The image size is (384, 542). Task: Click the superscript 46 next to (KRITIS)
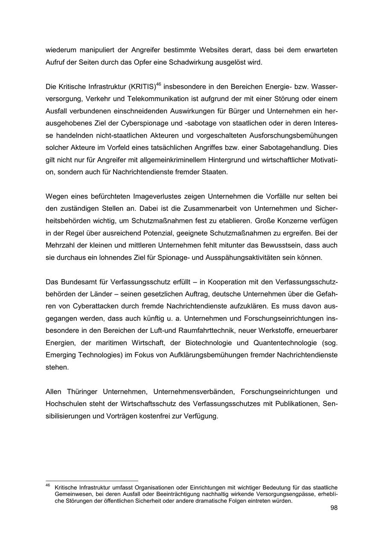[158, 84]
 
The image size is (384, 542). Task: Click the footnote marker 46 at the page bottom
[47, 485]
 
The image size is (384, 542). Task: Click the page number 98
[334, 508]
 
